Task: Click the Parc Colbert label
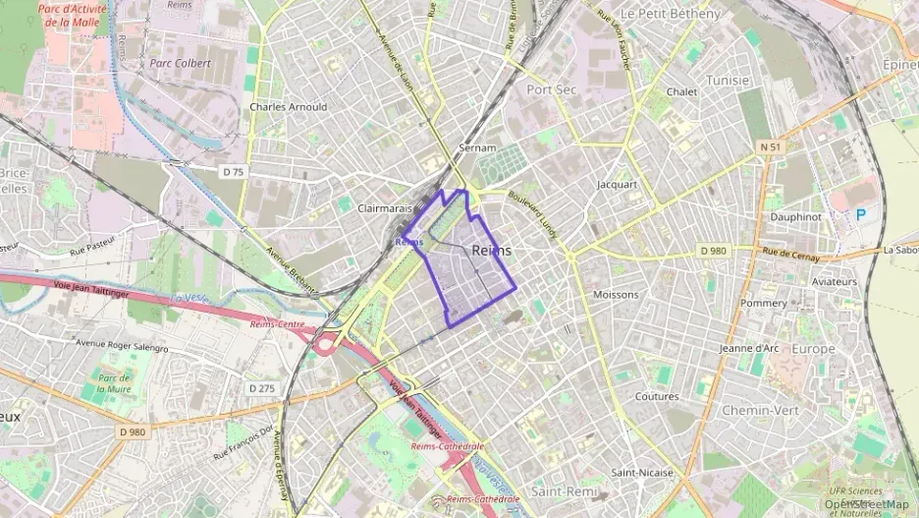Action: pos(180,63)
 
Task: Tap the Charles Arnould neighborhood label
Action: pos(289,107)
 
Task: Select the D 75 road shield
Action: pos(233,171)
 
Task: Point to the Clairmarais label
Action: pos(384,208)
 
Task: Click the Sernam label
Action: pos(475,147)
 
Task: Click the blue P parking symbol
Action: pos(861,214)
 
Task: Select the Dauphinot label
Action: pos(795,216)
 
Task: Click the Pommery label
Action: pos(763,303)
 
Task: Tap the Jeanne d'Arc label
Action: pos(749,348)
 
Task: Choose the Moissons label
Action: pos(616,294)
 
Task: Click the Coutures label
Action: pos(657,397)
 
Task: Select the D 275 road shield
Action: pos(261,388)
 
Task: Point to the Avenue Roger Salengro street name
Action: pos(123,347)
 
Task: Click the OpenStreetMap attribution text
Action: pos(867,505)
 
